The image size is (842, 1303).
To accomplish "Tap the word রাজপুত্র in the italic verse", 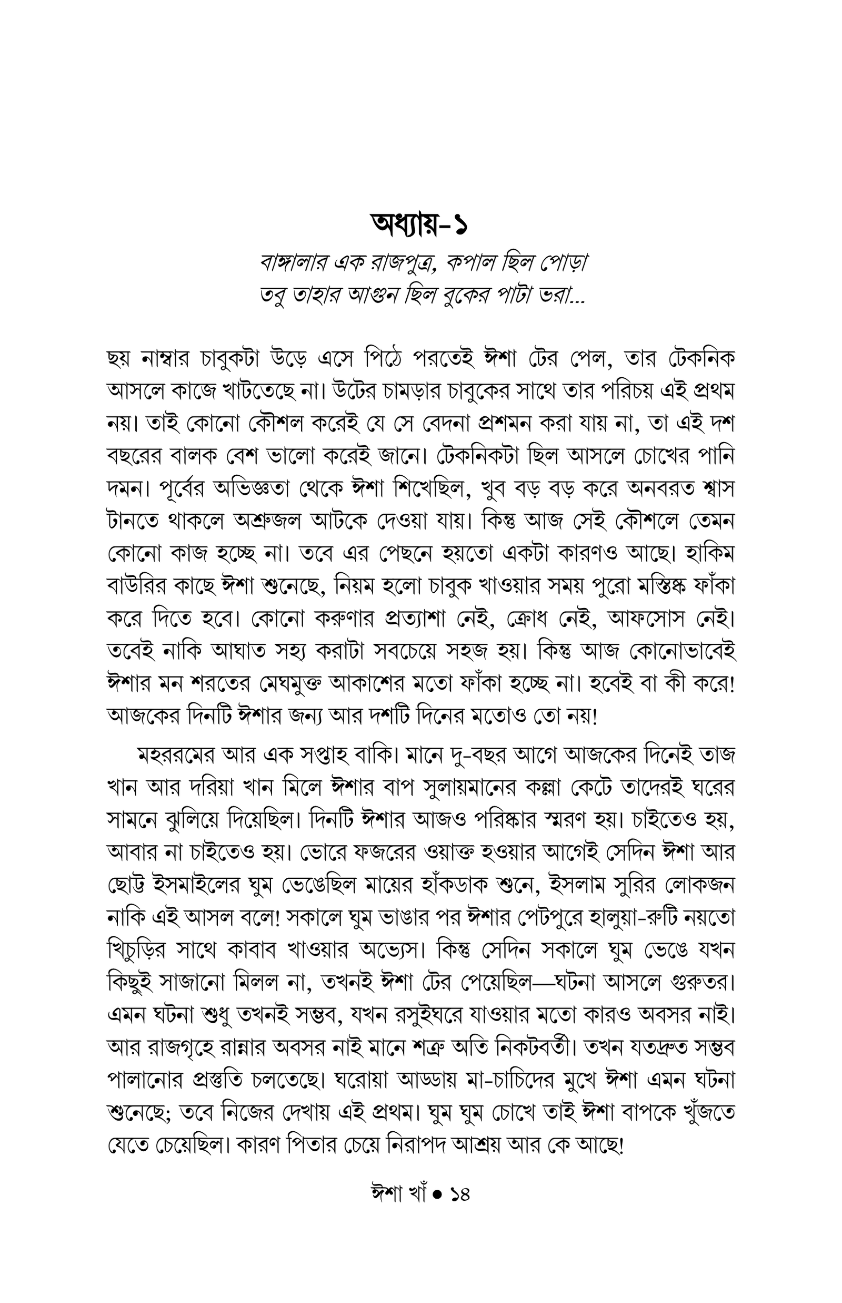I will click(x=392, y=265).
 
